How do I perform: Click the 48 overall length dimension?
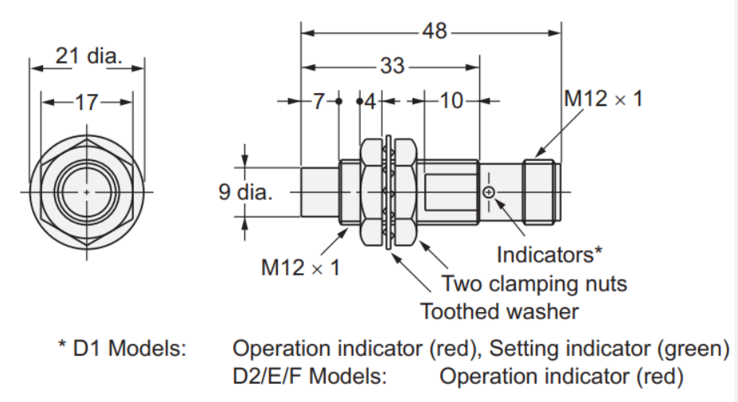434,32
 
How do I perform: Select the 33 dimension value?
392,66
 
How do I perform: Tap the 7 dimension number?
318,101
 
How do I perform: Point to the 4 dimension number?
370,102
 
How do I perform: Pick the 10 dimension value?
451,101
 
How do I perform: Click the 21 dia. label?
89,56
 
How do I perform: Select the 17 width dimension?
87,103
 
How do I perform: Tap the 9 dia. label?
245,192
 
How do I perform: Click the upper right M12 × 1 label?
603,99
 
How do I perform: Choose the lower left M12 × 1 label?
300,267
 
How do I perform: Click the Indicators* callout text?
549,255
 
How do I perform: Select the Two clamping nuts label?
534,283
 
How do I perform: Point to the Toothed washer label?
499,311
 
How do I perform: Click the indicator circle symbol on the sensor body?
489,192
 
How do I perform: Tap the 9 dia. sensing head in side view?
320,192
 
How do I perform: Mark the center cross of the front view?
87,192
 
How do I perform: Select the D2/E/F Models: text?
310,377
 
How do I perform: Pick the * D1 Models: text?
123,349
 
